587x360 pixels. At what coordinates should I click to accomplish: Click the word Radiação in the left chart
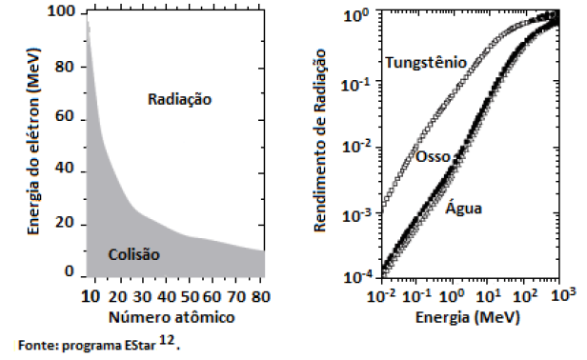pyautogui.click(x=180, y=98)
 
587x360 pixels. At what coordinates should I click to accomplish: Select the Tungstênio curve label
pyautogui.click(x=426, y=62)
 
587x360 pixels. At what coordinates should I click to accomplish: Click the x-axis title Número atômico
pyautogui.click(x=172, y=315)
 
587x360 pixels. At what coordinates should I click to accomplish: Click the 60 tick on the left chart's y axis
pyautogui.click(x=67, y=117)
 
